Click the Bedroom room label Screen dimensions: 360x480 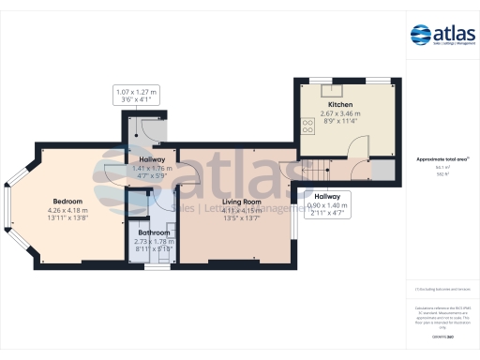(x=67, y=202)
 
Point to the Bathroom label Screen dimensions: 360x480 (x=154, y=232)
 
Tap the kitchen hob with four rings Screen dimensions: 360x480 (x=308, y=124)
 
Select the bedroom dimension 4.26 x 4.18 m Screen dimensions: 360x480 (x=67, y=211)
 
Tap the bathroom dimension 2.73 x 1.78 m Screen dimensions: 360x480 (x=154, y=242)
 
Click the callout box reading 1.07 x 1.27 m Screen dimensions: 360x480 (x=138, y=94)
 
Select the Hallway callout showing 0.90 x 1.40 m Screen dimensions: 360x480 (x=326, y=204)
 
